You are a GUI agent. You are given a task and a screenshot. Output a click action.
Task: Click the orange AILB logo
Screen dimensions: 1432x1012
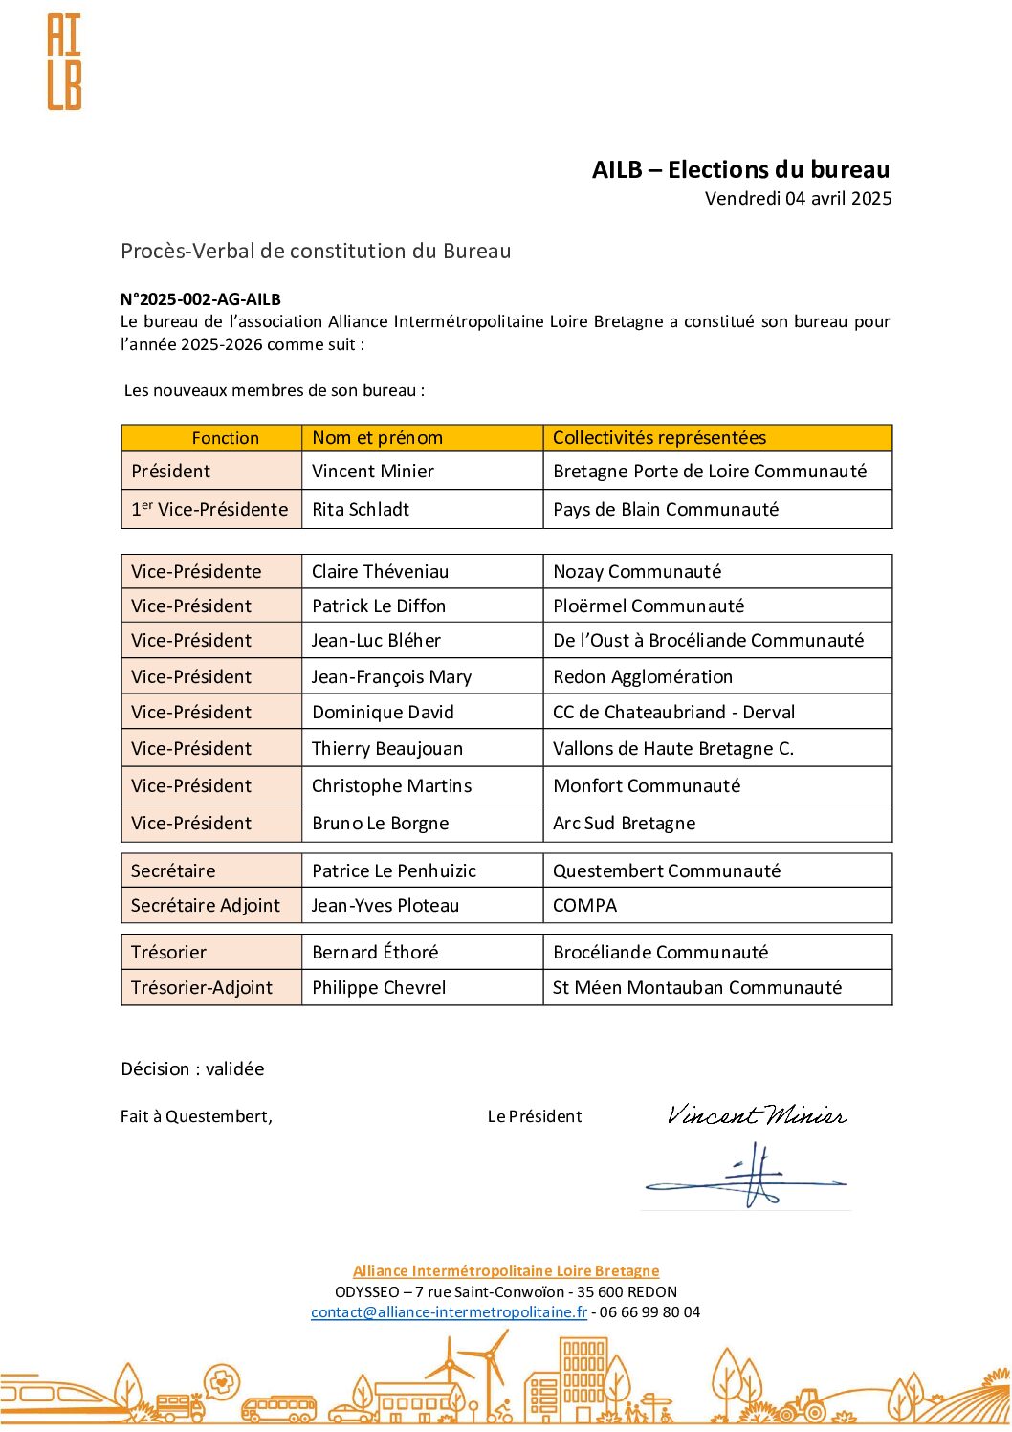64,62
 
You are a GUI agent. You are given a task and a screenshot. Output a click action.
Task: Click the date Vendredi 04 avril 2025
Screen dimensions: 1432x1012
798,199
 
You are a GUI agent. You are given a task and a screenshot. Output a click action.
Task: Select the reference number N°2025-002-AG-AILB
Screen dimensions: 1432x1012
201,299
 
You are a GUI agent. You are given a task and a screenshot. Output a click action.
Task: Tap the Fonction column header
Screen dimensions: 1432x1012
225,438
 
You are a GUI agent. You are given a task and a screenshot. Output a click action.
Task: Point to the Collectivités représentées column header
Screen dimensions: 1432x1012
659,438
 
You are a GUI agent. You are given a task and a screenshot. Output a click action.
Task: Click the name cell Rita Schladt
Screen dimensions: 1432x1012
361,510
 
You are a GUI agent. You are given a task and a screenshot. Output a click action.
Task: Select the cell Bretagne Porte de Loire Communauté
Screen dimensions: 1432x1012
710,472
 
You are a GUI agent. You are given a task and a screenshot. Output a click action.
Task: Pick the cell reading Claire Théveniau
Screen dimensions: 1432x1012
380,572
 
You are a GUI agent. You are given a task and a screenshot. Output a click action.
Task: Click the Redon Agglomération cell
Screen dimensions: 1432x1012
643,677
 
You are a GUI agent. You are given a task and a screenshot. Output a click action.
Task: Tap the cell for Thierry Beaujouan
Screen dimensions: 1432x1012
386,749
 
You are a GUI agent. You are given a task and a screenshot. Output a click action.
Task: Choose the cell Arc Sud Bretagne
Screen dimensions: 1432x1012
624,824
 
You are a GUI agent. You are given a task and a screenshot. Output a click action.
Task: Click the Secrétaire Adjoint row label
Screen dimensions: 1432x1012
206,906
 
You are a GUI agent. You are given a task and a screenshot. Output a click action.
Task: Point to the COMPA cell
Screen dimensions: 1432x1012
584,906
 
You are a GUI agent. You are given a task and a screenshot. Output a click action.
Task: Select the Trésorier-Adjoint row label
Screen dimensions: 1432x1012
202,988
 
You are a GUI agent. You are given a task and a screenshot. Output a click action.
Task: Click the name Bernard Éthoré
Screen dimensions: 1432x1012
375,953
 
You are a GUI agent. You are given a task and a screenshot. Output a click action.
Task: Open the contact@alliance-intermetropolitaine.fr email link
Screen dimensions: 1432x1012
449,1312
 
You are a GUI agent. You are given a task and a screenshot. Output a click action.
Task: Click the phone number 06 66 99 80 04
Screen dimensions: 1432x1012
649,1312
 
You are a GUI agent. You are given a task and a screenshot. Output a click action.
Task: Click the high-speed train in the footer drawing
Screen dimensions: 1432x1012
57,1398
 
